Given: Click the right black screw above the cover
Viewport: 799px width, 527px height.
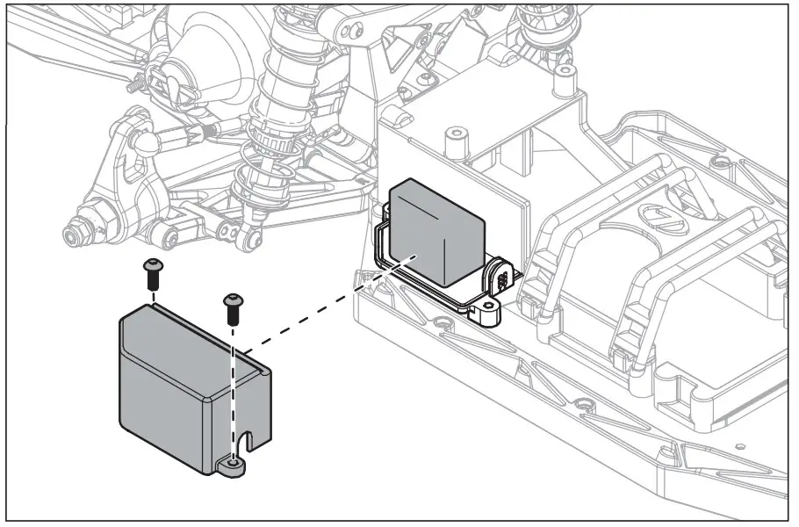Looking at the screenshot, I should point(233,308).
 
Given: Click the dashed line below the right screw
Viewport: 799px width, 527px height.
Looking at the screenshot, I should point(233,386).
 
